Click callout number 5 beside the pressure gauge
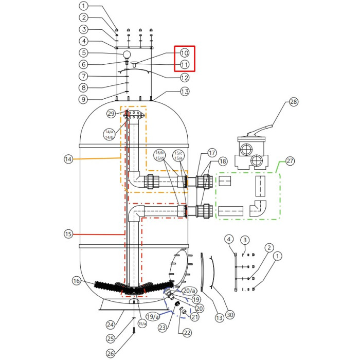pos(84,52)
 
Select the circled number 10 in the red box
pos(185,52)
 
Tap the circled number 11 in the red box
pos(185,65)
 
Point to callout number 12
pos(185,78)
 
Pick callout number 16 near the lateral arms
pos(77,281)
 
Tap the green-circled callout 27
pos(290,161)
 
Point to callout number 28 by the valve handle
pos(293,102)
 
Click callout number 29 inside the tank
pos(111,113)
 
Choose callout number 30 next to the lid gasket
pos(230,315)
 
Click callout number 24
pos(110,325)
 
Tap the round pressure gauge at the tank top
pos(127,54)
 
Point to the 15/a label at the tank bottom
pos(142,323)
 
